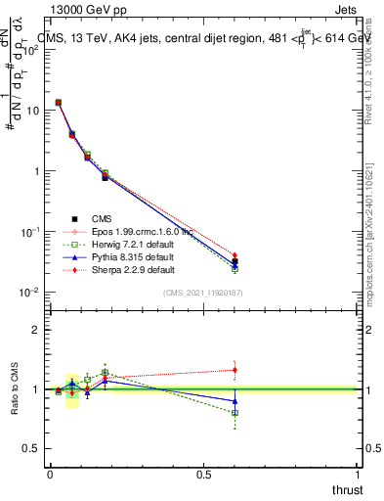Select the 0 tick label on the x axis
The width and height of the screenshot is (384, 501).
click(50, 474)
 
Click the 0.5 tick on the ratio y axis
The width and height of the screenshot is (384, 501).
click(31, 449)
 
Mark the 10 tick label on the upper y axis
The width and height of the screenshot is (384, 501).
click(31, 111)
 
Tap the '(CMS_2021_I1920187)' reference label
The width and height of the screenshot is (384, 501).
click(203, 293)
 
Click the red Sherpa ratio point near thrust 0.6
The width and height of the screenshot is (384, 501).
click(235, 370)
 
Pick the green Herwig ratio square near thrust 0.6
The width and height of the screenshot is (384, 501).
click(235, 413)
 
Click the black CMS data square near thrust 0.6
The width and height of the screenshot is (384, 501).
click(235, 262)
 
